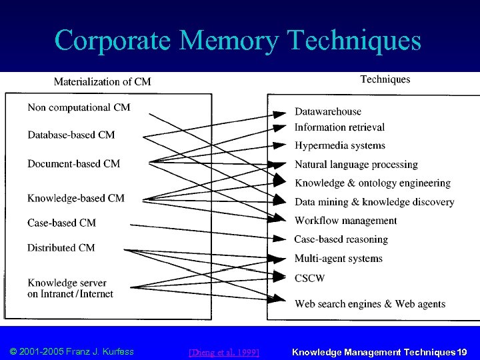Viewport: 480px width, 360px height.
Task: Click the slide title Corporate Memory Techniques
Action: tap(238, 40)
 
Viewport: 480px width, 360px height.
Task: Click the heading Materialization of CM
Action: tap(102, 82)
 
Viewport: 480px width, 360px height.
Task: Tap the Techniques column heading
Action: tap(385, 79)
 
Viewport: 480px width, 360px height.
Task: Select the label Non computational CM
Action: tap(79, 107)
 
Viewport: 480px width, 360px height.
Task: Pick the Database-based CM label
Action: tap(71, 135)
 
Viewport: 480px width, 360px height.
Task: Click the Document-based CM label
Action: tap(73, 163)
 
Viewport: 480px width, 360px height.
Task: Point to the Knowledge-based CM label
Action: tap(75, 198)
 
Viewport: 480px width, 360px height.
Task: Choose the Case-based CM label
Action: tap(61, 223)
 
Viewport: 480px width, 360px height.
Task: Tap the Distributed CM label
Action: tap(61, 247)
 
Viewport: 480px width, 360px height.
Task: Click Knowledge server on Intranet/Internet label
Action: tap(70, 288)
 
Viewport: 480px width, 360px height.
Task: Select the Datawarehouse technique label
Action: tap(328, 111)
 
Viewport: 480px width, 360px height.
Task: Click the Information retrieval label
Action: tap(339, 127)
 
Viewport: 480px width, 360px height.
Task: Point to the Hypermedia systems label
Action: tap(340, 145)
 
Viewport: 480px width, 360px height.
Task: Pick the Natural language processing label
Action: tap(356, 164)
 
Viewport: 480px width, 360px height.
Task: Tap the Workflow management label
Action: tap(345, 221)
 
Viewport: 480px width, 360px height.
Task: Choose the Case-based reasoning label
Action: tap(341, 239)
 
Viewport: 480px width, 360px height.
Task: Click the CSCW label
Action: tap(309, 277)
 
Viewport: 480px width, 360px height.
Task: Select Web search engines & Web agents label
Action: tap(370, 304)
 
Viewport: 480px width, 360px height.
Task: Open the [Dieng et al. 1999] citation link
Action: tap(224, 351)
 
